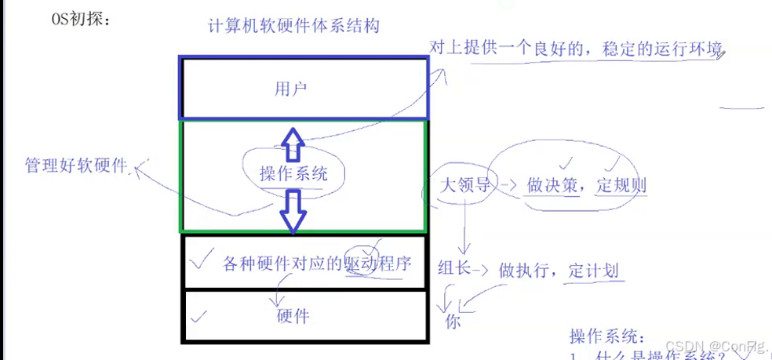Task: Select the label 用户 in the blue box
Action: coord(290,89)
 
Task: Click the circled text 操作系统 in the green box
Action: coord(293,173)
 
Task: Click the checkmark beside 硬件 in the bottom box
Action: coord(198,316)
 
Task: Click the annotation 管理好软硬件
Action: coord(75,165)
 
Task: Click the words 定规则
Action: coord(621,187)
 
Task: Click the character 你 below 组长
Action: coord(453,321)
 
